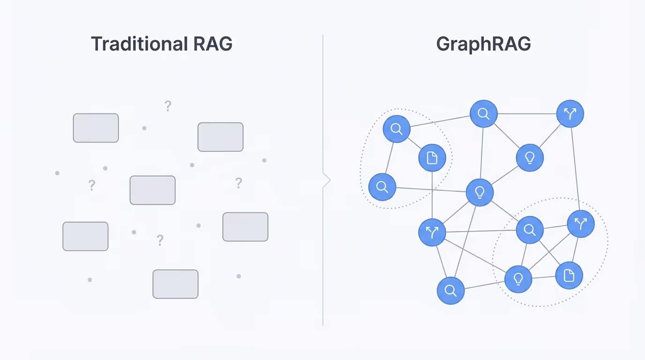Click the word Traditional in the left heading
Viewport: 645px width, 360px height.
[139, 44]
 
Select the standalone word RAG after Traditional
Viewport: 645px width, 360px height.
[213, 44]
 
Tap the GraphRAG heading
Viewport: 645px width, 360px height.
[483, 44]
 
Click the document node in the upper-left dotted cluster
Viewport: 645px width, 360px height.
[432, 158]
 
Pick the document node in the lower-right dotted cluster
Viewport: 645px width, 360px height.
[569, 275]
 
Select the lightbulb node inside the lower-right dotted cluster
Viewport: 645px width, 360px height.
[518, 279]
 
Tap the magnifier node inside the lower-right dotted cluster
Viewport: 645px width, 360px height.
[529, 230]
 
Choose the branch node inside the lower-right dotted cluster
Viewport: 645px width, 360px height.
[580, 225]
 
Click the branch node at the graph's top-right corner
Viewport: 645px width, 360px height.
[570, 114]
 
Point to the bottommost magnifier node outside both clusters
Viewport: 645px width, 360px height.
[450, 291]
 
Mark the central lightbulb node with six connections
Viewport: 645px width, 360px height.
[480, 192]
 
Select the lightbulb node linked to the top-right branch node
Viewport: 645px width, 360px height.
[530, 157]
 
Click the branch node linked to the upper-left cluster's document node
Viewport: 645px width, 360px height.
[432, 232]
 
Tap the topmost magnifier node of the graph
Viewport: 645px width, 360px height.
[483, 114]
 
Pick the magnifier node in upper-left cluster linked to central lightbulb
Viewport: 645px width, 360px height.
[382, 187]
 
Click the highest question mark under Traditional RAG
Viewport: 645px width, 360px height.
[168, 106]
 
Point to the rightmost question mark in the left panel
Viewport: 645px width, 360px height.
[239, 183]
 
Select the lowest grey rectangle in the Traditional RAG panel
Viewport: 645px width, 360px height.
[175, 284]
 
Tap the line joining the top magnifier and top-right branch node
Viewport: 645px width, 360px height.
[526, 114]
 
